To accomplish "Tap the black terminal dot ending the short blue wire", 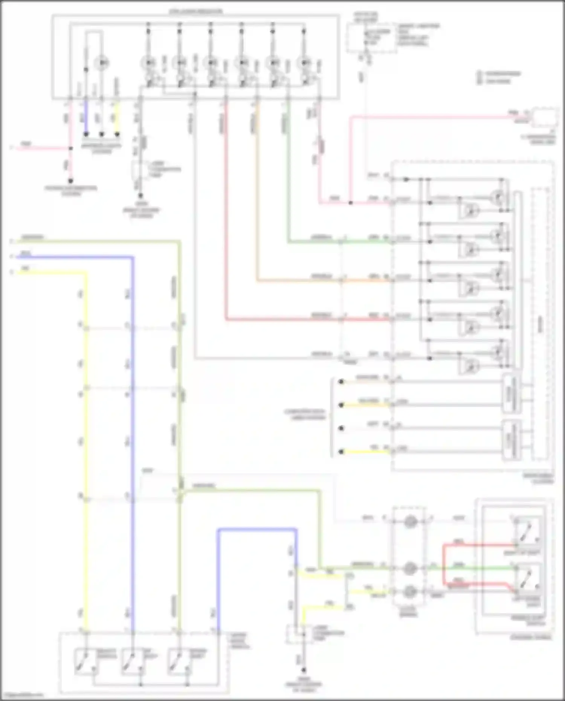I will click(86, 134).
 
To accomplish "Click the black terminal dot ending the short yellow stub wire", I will click(117, 134).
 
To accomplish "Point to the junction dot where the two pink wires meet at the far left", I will click(70, 148).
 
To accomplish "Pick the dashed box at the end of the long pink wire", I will click(545, 117).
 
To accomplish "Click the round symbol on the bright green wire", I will click(410, 568).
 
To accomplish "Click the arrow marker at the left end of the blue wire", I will click(12, 257).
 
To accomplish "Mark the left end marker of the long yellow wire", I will click(12, 272).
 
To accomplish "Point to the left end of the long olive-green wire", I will click(12, 241).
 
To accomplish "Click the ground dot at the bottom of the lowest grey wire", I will click(304, 670).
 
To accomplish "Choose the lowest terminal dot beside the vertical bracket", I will click(341, 452).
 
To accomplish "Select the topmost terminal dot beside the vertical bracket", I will click(341, 382).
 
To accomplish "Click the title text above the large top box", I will click(195, 12).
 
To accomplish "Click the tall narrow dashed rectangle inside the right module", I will click(540, 324).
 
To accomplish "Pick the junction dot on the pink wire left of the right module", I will click(350, 203).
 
